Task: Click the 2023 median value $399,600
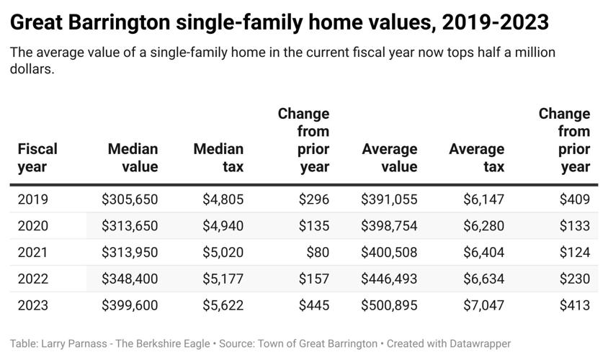tap(130, 305)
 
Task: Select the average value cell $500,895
tap(389, 305)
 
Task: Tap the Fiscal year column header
tap(37, 158)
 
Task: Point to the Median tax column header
tap(218, 158)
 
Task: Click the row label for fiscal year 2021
tap(33, 252)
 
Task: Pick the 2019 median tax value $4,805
tap(222, 199)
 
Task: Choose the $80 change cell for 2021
tap(317, 252)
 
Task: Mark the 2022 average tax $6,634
tap(482, 279)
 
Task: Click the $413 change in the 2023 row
tap(574, 305)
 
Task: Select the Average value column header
tap(389, 158)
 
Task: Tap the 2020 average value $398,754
tap(389, 226)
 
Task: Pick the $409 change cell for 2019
tap(574, 199)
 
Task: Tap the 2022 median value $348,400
tap(130, 279)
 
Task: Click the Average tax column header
tap(476, 158)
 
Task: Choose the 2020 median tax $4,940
tap(222, 226)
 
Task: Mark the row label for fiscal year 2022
tap(33, 279)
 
